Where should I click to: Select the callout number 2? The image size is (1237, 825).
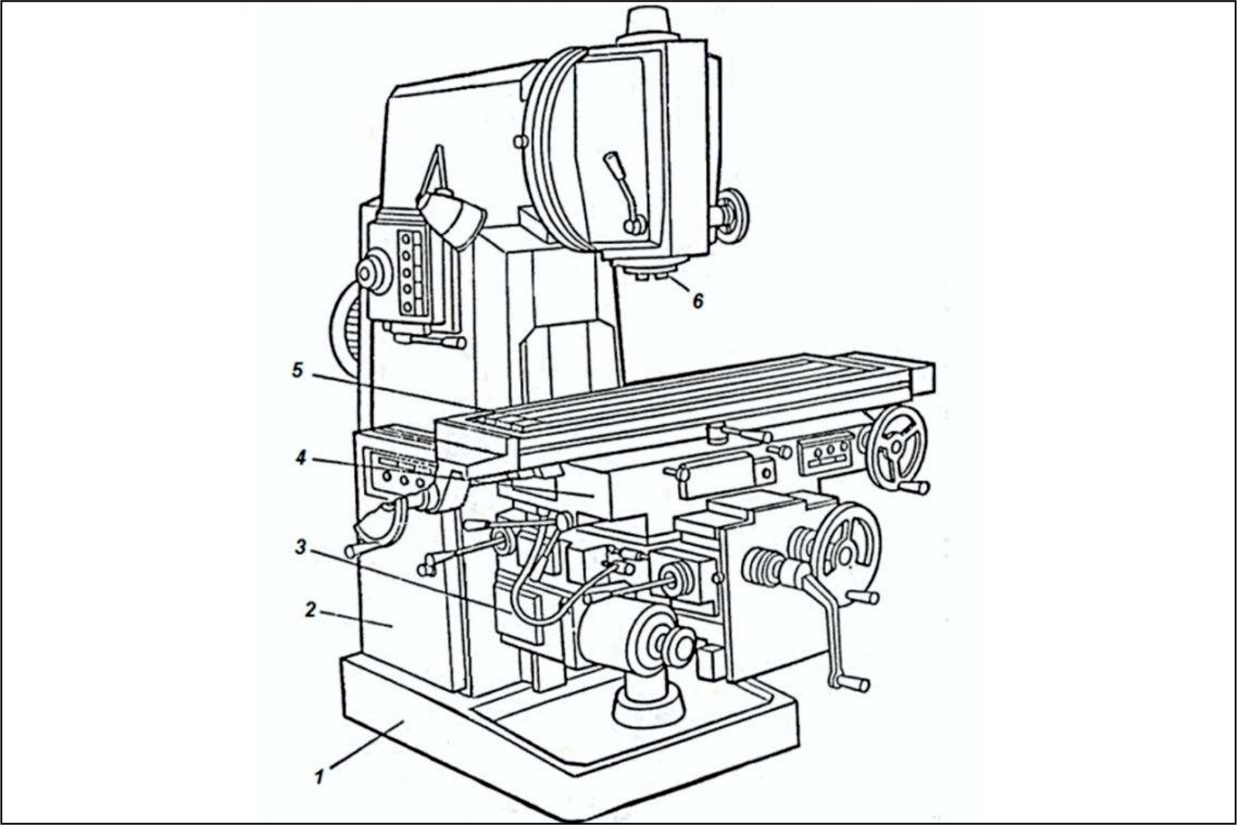[310, 610]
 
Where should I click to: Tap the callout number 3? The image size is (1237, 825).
[300, 547]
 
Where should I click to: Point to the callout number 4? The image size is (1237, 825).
[300, 458]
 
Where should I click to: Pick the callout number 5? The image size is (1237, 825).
[298, 371]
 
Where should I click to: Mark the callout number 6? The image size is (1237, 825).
[698, 301]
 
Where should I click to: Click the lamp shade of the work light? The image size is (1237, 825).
[452, 219]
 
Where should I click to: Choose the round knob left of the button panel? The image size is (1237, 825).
[373, 271]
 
